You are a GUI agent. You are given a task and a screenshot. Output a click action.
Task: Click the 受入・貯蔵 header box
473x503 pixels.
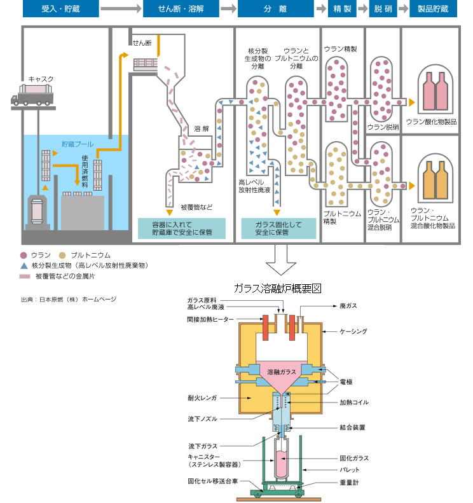(60, 10)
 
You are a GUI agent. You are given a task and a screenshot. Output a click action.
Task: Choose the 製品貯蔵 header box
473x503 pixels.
(433, 10)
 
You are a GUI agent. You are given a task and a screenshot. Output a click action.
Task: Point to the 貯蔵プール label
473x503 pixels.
(77, 144)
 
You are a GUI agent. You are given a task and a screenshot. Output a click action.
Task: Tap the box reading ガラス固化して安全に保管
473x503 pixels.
(277, 228)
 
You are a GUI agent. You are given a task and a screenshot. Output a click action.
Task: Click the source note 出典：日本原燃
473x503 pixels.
(69, 299)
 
